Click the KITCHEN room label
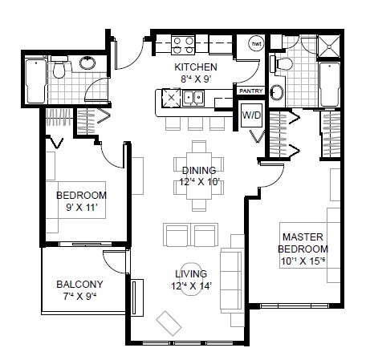[196, 67]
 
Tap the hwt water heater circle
[256, 43]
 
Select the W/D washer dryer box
[251, 115]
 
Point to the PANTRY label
[251, 91]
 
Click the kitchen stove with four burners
[183, 46]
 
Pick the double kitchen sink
[193, 98]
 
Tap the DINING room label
[199, 170]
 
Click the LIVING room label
[191, 273]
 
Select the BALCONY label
[79, 284]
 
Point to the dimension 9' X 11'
[81, 207]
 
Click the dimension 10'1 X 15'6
[303, 261]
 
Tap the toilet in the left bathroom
[59, 67]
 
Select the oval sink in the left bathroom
[87, 63]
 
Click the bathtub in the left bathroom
[35, 81]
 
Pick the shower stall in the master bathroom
[329, 47]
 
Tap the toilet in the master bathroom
[282, 64]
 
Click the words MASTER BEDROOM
[303, 243]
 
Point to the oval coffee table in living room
[191, 279]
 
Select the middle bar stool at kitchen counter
[195, 123]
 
